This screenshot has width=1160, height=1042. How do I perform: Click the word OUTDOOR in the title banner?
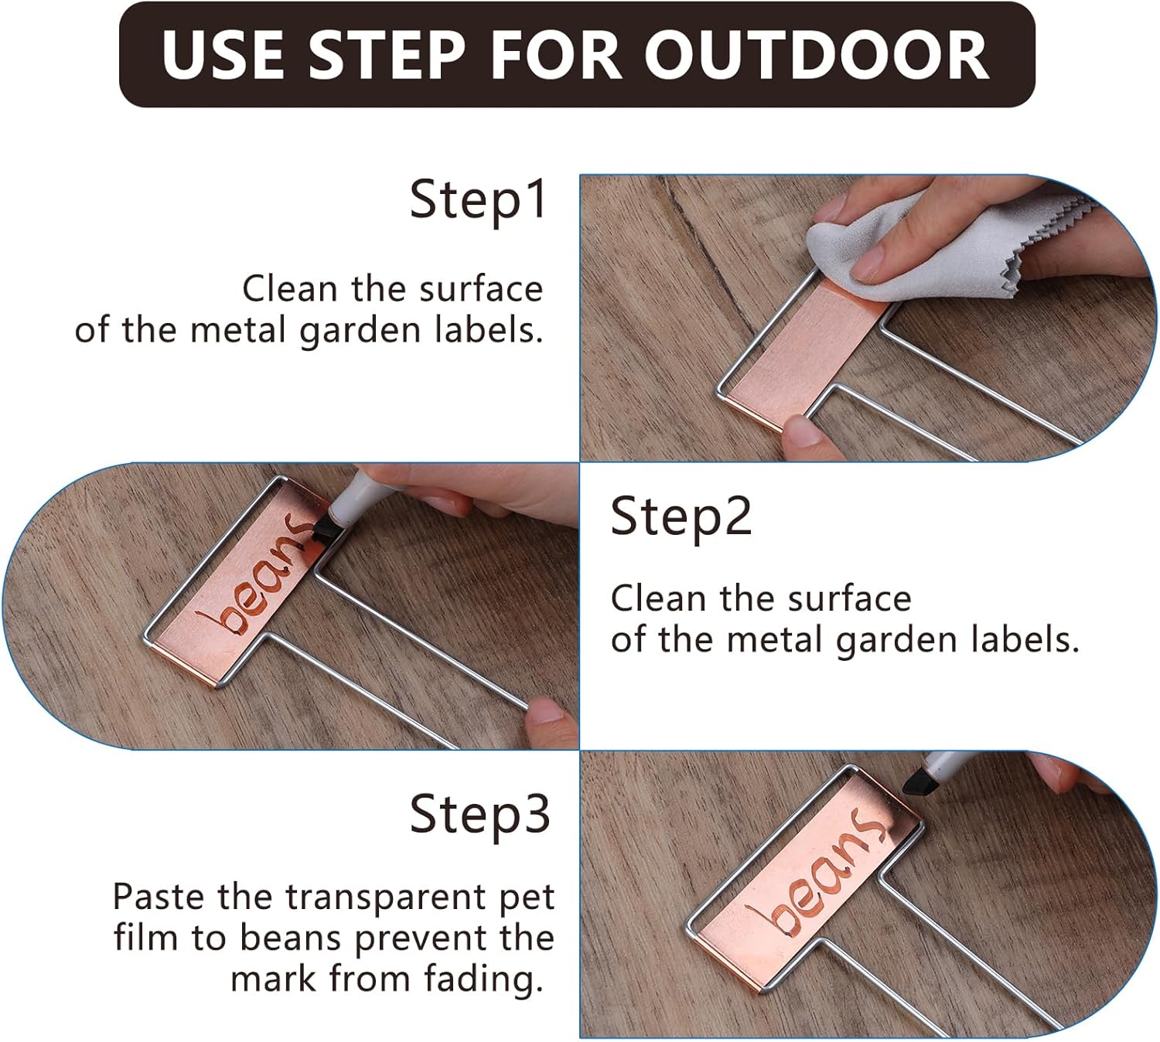[x=816, y=55]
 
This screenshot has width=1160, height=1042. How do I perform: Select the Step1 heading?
[x=479, y=200]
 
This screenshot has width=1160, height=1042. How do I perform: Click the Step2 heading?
[x=681, y=517]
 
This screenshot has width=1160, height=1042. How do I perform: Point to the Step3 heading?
[x=479, y=815]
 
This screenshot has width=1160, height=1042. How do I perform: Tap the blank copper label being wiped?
[x=804, y=348]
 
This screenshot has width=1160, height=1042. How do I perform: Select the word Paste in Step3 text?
[x=159, y=897]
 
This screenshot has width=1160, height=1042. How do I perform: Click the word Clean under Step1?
[x=290, y=290]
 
